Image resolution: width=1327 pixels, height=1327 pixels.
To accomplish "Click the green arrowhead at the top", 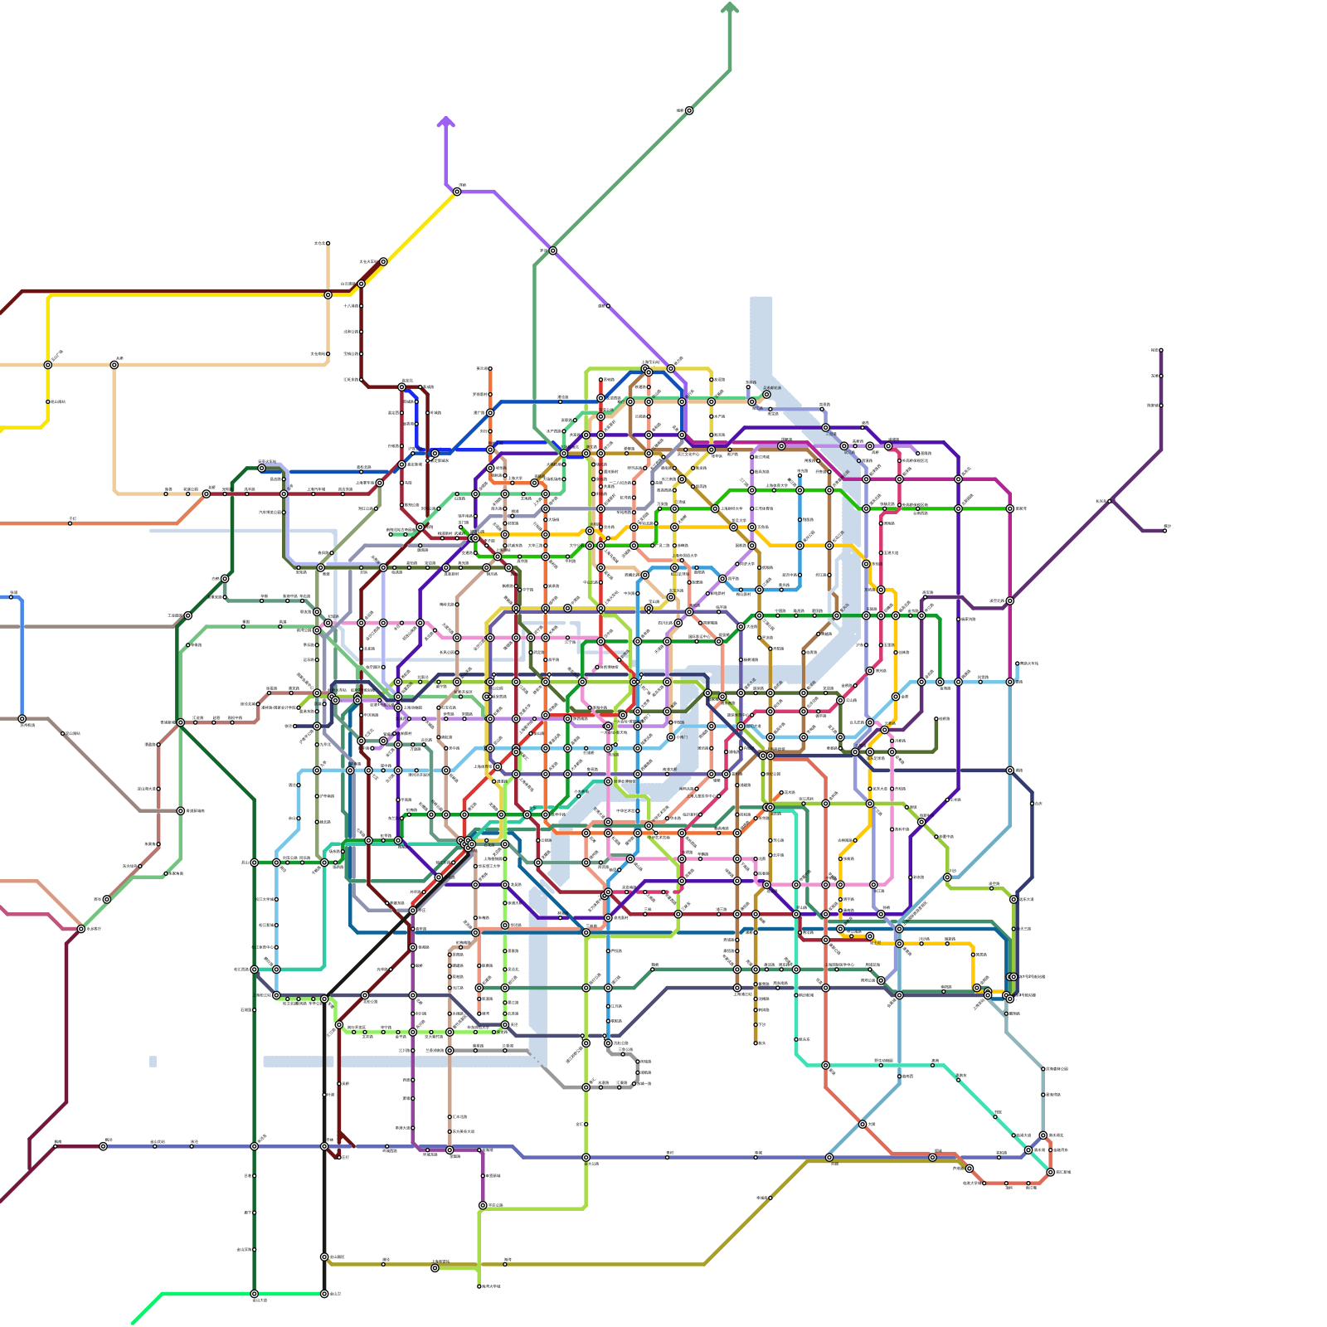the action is (730, 8).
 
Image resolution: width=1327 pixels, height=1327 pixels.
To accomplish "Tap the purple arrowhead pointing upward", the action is (446, 123).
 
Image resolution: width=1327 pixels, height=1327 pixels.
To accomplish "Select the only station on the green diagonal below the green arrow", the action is (689, 110).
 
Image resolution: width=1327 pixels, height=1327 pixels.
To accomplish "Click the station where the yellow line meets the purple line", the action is (457, 192).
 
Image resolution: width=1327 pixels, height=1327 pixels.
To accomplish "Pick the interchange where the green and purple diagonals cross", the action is (552, 250).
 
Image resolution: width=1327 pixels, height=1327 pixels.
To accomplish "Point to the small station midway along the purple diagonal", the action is (608, 306).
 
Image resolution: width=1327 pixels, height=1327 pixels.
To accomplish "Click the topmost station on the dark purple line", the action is (1160, 350).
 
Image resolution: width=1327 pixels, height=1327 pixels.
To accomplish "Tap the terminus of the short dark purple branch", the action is (1164, 530).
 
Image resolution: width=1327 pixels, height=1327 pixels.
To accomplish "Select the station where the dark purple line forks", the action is (1111, 501).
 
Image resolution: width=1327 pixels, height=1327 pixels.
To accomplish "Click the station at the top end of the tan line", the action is (328, 244).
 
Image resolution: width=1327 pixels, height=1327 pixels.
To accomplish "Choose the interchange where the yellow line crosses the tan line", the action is (48, 365).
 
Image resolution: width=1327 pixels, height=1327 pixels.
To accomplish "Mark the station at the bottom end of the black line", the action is (324, 1293).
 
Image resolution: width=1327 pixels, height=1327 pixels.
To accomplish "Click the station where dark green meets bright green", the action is (255, 1293).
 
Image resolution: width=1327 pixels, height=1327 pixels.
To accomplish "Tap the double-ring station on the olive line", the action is (435, 1267).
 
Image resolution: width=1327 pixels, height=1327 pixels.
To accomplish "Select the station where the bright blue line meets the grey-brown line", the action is (22, 719).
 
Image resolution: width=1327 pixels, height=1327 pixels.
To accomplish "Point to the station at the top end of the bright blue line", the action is (13, 595).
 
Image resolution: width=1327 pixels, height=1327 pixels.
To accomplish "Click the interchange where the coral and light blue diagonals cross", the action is (863, 1125).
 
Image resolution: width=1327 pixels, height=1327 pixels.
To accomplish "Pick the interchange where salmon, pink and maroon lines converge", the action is (80, 929).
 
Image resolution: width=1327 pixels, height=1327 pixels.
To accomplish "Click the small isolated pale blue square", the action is (153, 1062).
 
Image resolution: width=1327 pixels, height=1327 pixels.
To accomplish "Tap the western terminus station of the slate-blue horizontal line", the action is (103, 1146).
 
